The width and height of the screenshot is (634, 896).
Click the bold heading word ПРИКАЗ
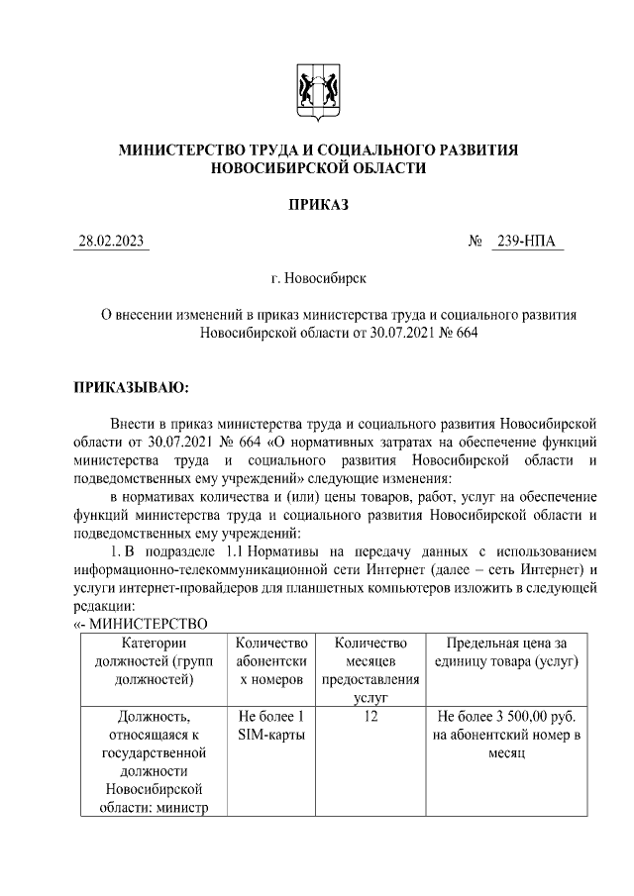click(318, 205)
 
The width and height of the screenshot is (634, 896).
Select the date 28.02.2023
click(112, 243)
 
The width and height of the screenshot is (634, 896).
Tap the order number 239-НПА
click(527, 243)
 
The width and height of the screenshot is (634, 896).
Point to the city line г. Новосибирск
click(318, 280)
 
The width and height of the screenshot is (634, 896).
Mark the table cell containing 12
click(370, 716)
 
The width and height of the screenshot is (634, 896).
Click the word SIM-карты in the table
click(271, 734)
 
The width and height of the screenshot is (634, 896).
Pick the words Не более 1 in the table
click(271, 716)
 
